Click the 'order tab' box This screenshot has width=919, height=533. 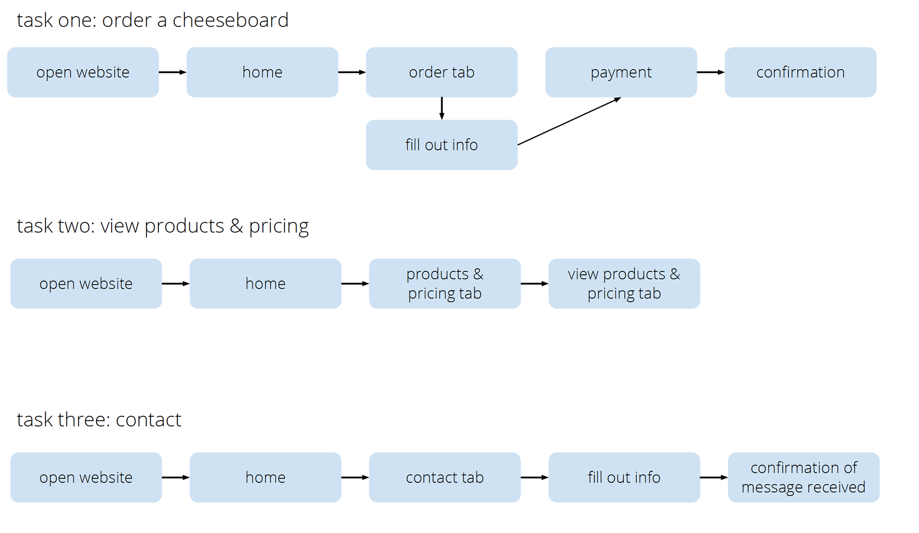pyautogui.click(x=441, y=72)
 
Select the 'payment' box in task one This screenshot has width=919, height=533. pyautogui.click(x=621, y=72)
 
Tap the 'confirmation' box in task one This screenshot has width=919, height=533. pyautogui.click(x=800, y=72)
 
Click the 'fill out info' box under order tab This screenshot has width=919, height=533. pyautogui.click(x=441, y=145)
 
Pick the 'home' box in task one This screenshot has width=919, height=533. pyautogui.click(x=262, y=72)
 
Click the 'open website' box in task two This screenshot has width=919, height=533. pyautogui.click(x=86, y=283)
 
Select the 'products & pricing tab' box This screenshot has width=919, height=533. pyautogui.click(x=445, y=283)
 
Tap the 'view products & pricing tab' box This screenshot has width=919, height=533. pyautogui.click(x=624, y=283)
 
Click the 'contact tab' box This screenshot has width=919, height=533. pyautogui.click(x=445, y=477)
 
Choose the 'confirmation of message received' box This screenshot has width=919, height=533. pyautogui.click(x=804, y=477)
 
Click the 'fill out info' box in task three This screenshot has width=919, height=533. pyautogui.click(x=624, y=477)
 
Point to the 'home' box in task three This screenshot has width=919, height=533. pyautogui.click(x=265, y=477)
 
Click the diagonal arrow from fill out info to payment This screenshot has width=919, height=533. pyautogui.click(x=570, y=121)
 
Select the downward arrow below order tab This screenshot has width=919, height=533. pyautogui.click(x=442, y=109)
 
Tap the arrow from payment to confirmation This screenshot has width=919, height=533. pyautogui.click(x=711, y=72)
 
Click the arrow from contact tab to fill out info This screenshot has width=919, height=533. pyautogui.click(x=535, y=477)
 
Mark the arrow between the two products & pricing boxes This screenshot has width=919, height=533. pyautogui.click(x=535, y=283)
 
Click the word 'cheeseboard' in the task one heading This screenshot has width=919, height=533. pyautogui.click(x=230, y=20)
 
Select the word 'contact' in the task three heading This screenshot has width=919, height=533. pyautogui.click(x=148, y=420)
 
